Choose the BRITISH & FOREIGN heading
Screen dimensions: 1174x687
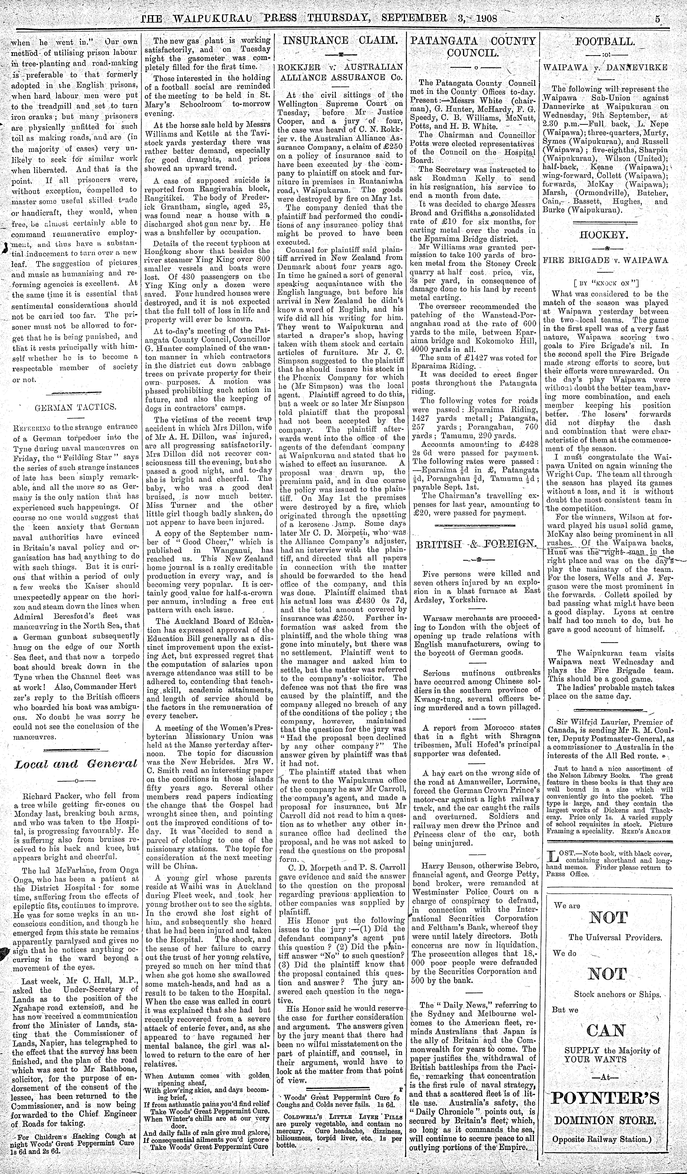point(475,544)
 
